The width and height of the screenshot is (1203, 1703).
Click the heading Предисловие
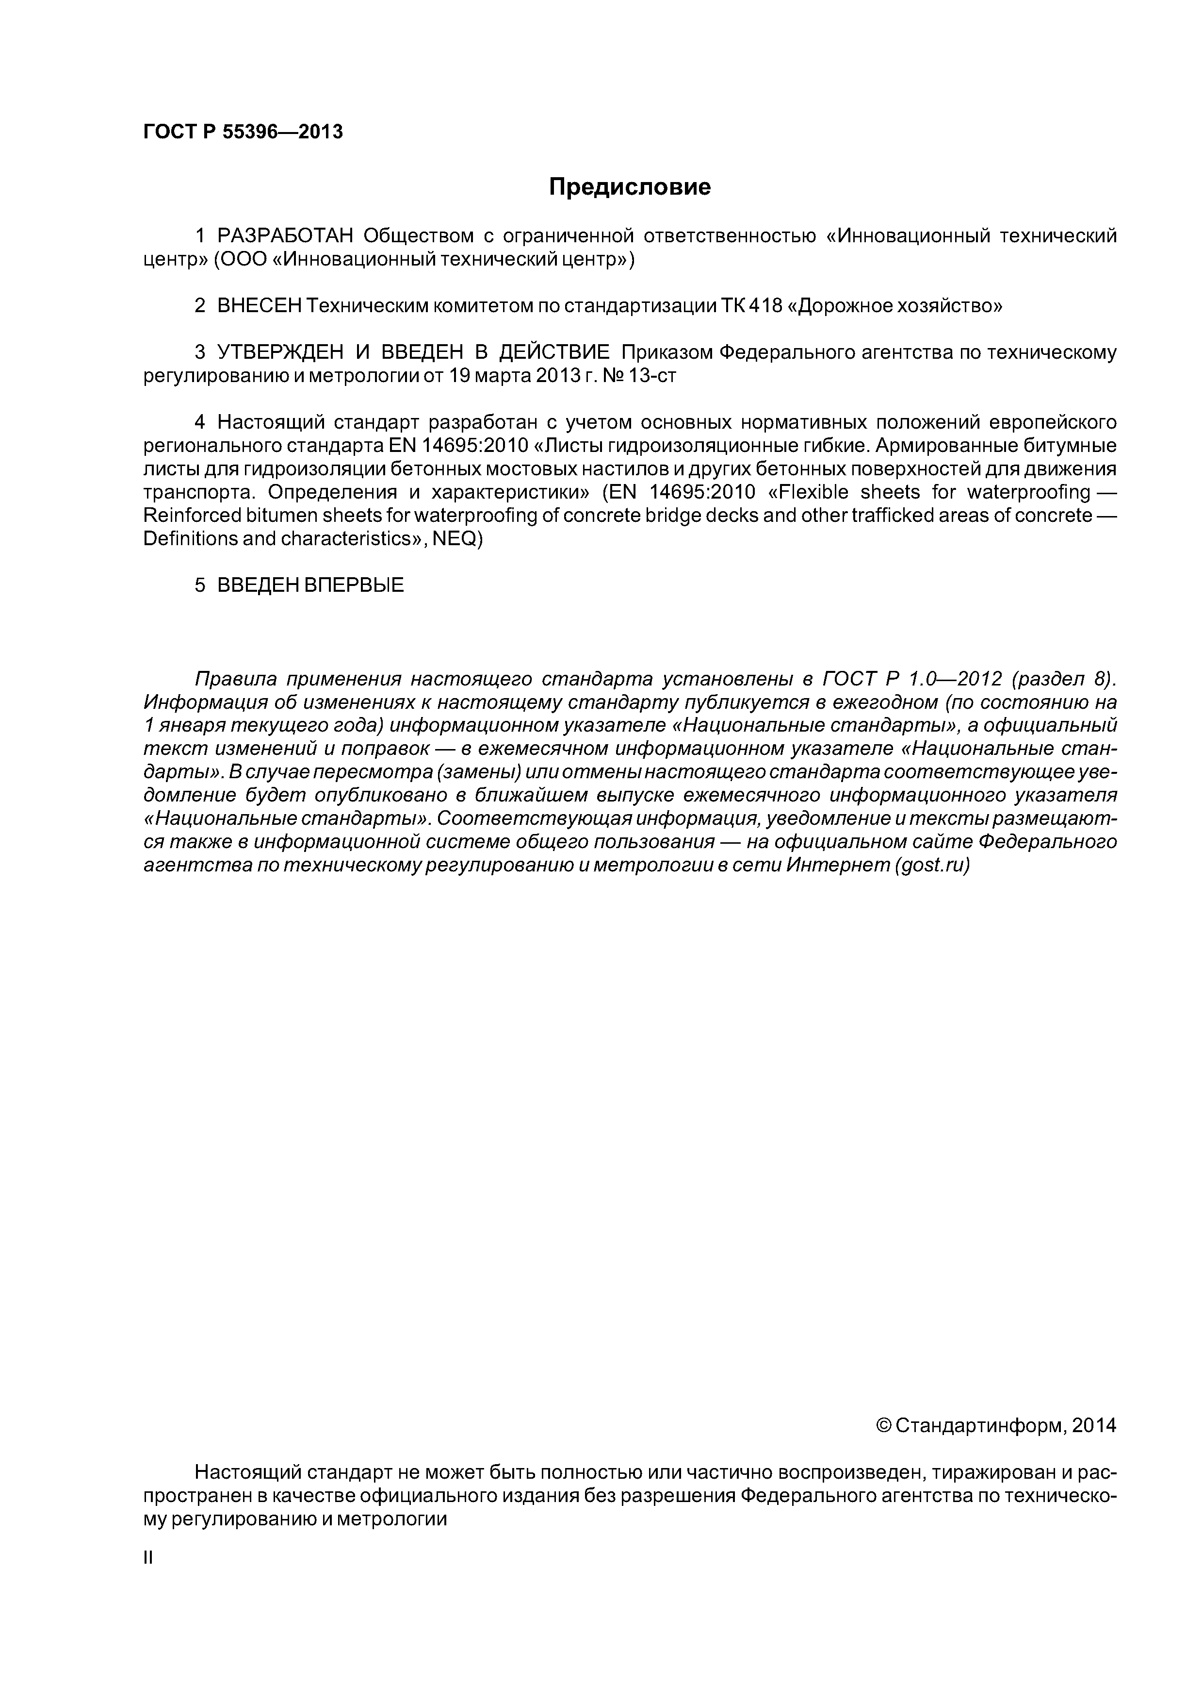coord(629,187)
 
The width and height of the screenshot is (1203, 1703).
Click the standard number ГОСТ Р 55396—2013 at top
coord(243,132)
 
